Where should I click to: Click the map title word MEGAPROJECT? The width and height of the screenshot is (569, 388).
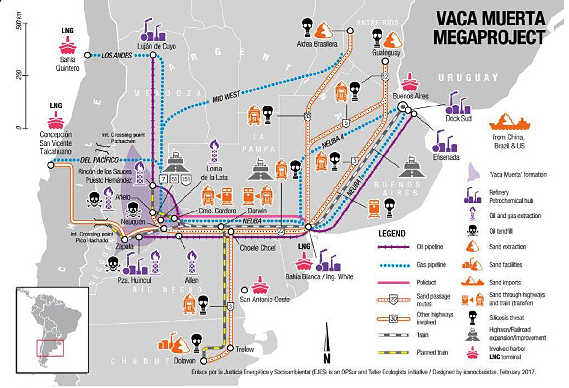coord(489,37)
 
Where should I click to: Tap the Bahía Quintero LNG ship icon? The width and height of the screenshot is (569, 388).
coord(67,45)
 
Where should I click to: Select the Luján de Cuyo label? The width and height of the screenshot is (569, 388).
coord(156,46)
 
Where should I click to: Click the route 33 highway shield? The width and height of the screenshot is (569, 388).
coord(307,116)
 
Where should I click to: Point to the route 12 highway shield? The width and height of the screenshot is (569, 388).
coord(385,77)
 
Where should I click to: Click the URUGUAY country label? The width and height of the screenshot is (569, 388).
coord(468,77)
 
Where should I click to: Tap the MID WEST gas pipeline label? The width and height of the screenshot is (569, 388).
coord(226,96)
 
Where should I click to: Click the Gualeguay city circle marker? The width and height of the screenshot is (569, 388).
coord(385,61)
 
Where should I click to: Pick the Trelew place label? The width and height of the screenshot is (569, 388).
coord(245,349)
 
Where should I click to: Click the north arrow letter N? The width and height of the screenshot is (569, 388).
coord(327,359)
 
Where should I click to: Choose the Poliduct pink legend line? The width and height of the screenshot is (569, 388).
coord(393,282)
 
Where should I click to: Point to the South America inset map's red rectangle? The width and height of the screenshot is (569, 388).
coord(50,348)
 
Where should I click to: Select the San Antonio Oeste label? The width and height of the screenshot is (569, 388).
coord(265,299)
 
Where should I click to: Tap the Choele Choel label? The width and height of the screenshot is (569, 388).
coord(257,248)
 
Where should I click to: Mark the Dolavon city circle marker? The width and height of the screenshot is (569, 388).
coord(204,361)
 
